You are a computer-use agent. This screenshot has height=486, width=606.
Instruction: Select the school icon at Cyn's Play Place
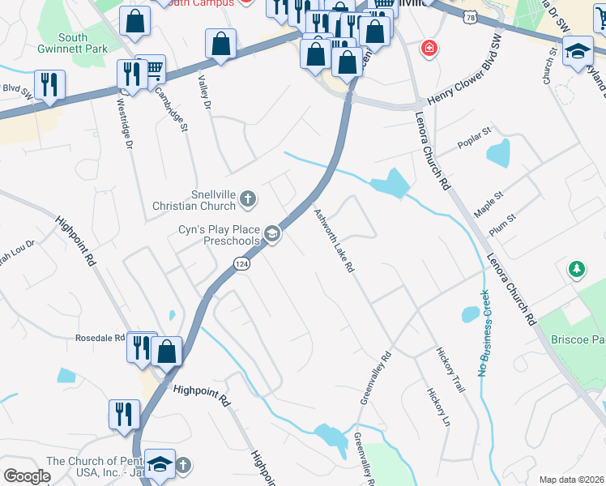(273, 235)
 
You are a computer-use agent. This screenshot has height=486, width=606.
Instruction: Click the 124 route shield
(241, 263)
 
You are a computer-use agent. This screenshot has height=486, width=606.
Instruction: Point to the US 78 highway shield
(471, 16)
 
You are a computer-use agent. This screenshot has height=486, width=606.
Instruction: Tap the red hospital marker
(427, 49)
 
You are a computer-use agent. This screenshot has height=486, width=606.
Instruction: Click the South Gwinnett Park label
(83, 43)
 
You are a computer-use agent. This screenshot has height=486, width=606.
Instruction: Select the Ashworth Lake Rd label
(334, 241)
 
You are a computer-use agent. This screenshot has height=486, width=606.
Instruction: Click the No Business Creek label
(484, 333)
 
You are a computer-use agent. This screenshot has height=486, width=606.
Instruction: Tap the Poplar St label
(476, 131)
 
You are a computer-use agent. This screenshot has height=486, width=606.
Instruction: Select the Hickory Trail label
(450, 371)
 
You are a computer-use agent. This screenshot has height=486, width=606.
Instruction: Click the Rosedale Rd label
(100, 338)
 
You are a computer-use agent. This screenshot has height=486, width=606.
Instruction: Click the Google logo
(28, 476)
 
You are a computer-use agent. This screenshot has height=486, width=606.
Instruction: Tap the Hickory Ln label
(436, 403)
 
